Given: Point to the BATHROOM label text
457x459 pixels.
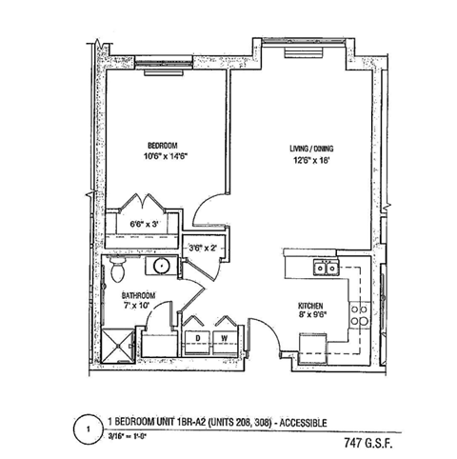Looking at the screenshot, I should [139, 295].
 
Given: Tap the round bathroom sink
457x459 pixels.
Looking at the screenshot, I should [162, 267].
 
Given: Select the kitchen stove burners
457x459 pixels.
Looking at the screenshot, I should [359, 313].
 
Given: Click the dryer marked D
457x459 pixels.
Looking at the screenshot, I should [198, 338].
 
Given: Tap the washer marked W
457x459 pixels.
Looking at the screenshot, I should [224, 338].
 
